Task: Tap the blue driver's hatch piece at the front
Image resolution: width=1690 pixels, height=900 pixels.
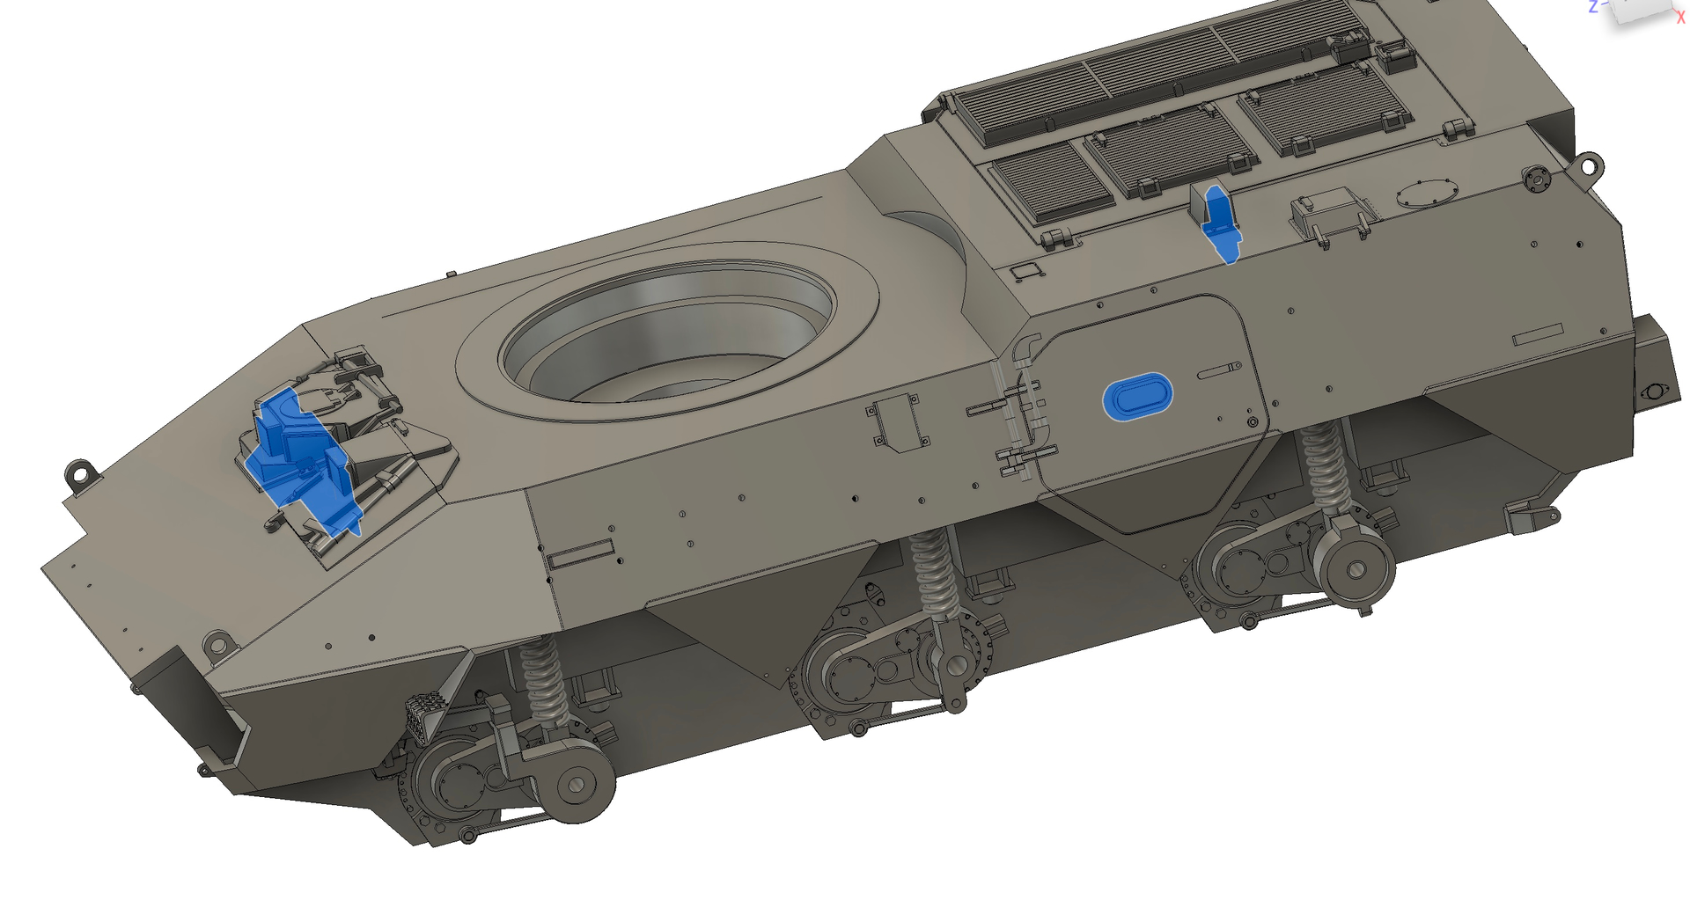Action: pos(304,460)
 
